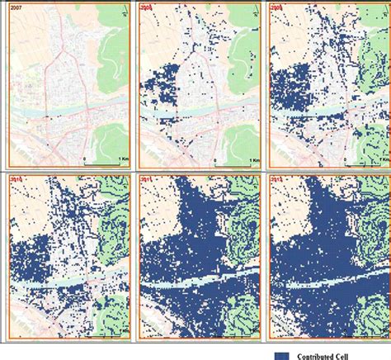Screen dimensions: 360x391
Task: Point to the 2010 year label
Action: pyautogui.click(x=16, y=178)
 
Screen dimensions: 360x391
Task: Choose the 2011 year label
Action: pyautogui.click(x=148, y=178)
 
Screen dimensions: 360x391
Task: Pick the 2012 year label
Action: pyautogui.click(x=281, y=178)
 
